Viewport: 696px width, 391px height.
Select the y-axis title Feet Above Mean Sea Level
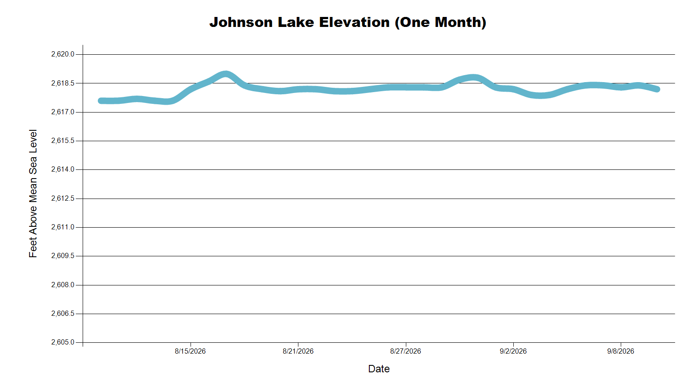(33, 193)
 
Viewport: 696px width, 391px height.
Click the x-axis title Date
(379, 369)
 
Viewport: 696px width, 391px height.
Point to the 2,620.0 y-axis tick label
(63, 54)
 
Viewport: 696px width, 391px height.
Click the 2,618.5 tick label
(63, 83)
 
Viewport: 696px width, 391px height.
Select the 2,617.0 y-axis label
(63, 112)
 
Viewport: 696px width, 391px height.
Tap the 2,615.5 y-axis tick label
(63, 141)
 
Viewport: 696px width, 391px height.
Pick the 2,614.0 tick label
(63, 169)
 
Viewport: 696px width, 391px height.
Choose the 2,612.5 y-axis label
(63, 198)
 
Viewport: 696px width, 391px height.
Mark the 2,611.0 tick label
(63, 227)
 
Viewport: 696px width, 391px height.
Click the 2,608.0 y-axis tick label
(63, 285)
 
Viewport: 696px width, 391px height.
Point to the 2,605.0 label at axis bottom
(63, 342)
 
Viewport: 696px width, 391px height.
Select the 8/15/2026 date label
(190, 351)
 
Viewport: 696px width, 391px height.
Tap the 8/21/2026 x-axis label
(298, 351)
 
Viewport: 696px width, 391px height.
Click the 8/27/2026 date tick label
(405, 351)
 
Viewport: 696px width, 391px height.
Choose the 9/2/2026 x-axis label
(513, 351)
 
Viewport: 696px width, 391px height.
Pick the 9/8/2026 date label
(620, 351)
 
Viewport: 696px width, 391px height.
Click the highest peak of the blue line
(226, 74)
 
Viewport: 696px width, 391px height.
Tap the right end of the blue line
(657, 89)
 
